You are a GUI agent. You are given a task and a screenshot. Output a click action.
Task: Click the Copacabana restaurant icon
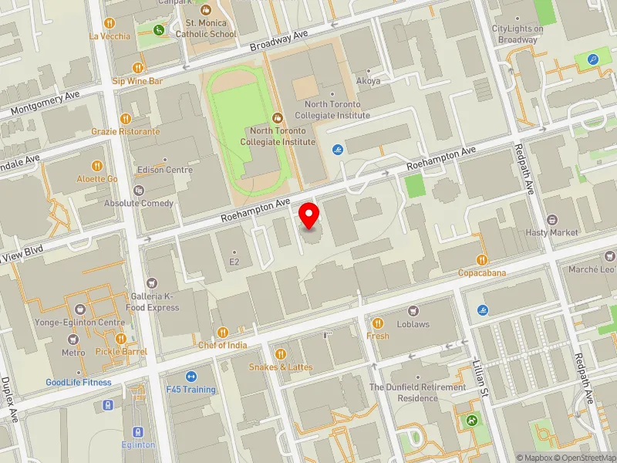point(482,259)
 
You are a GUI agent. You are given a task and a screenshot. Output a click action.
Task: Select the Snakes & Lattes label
point(281,367)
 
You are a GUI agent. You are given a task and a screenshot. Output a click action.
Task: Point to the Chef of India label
point(223,345)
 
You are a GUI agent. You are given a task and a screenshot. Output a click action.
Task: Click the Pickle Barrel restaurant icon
point(121,338)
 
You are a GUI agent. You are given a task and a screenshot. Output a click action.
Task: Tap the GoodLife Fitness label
point(78,382)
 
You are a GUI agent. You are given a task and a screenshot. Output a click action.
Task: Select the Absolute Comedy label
point(139,204)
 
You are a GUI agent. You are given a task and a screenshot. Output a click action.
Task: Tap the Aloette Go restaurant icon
point(97,165)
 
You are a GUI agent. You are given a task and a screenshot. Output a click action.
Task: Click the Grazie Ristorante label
point(126,131)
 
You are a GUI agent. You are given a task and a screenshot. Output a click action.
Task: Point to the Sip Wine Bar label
point(137,80)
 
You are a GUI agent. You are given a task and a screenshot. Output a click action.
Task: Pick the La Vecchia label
point(110,35)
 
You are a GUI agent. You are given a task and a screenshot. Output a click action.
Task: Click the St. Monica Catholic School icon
point(205,11)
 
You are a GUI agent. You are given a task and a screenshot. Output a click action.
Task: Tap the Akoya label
point(369,80)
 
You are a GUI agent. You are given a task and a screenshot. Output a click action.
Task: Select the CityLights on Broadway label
point(518,34)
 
